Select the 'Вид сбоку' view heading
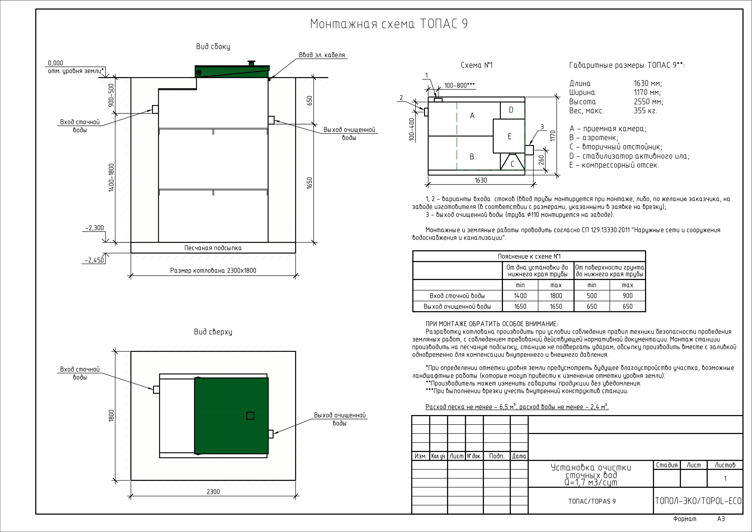213,47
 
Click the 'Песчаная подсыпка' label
213,248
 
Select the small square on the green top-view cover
250,416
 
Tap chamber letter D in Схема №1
511,110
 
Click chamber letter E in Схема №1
509,136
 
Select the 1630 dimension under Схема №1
481,180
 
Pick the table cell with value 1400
520,296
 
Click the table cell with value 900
628,296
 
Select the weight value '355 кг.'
645,111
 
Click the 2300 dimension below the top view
213,492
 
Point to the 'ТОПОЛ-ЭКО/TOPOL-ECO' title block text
698,501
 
